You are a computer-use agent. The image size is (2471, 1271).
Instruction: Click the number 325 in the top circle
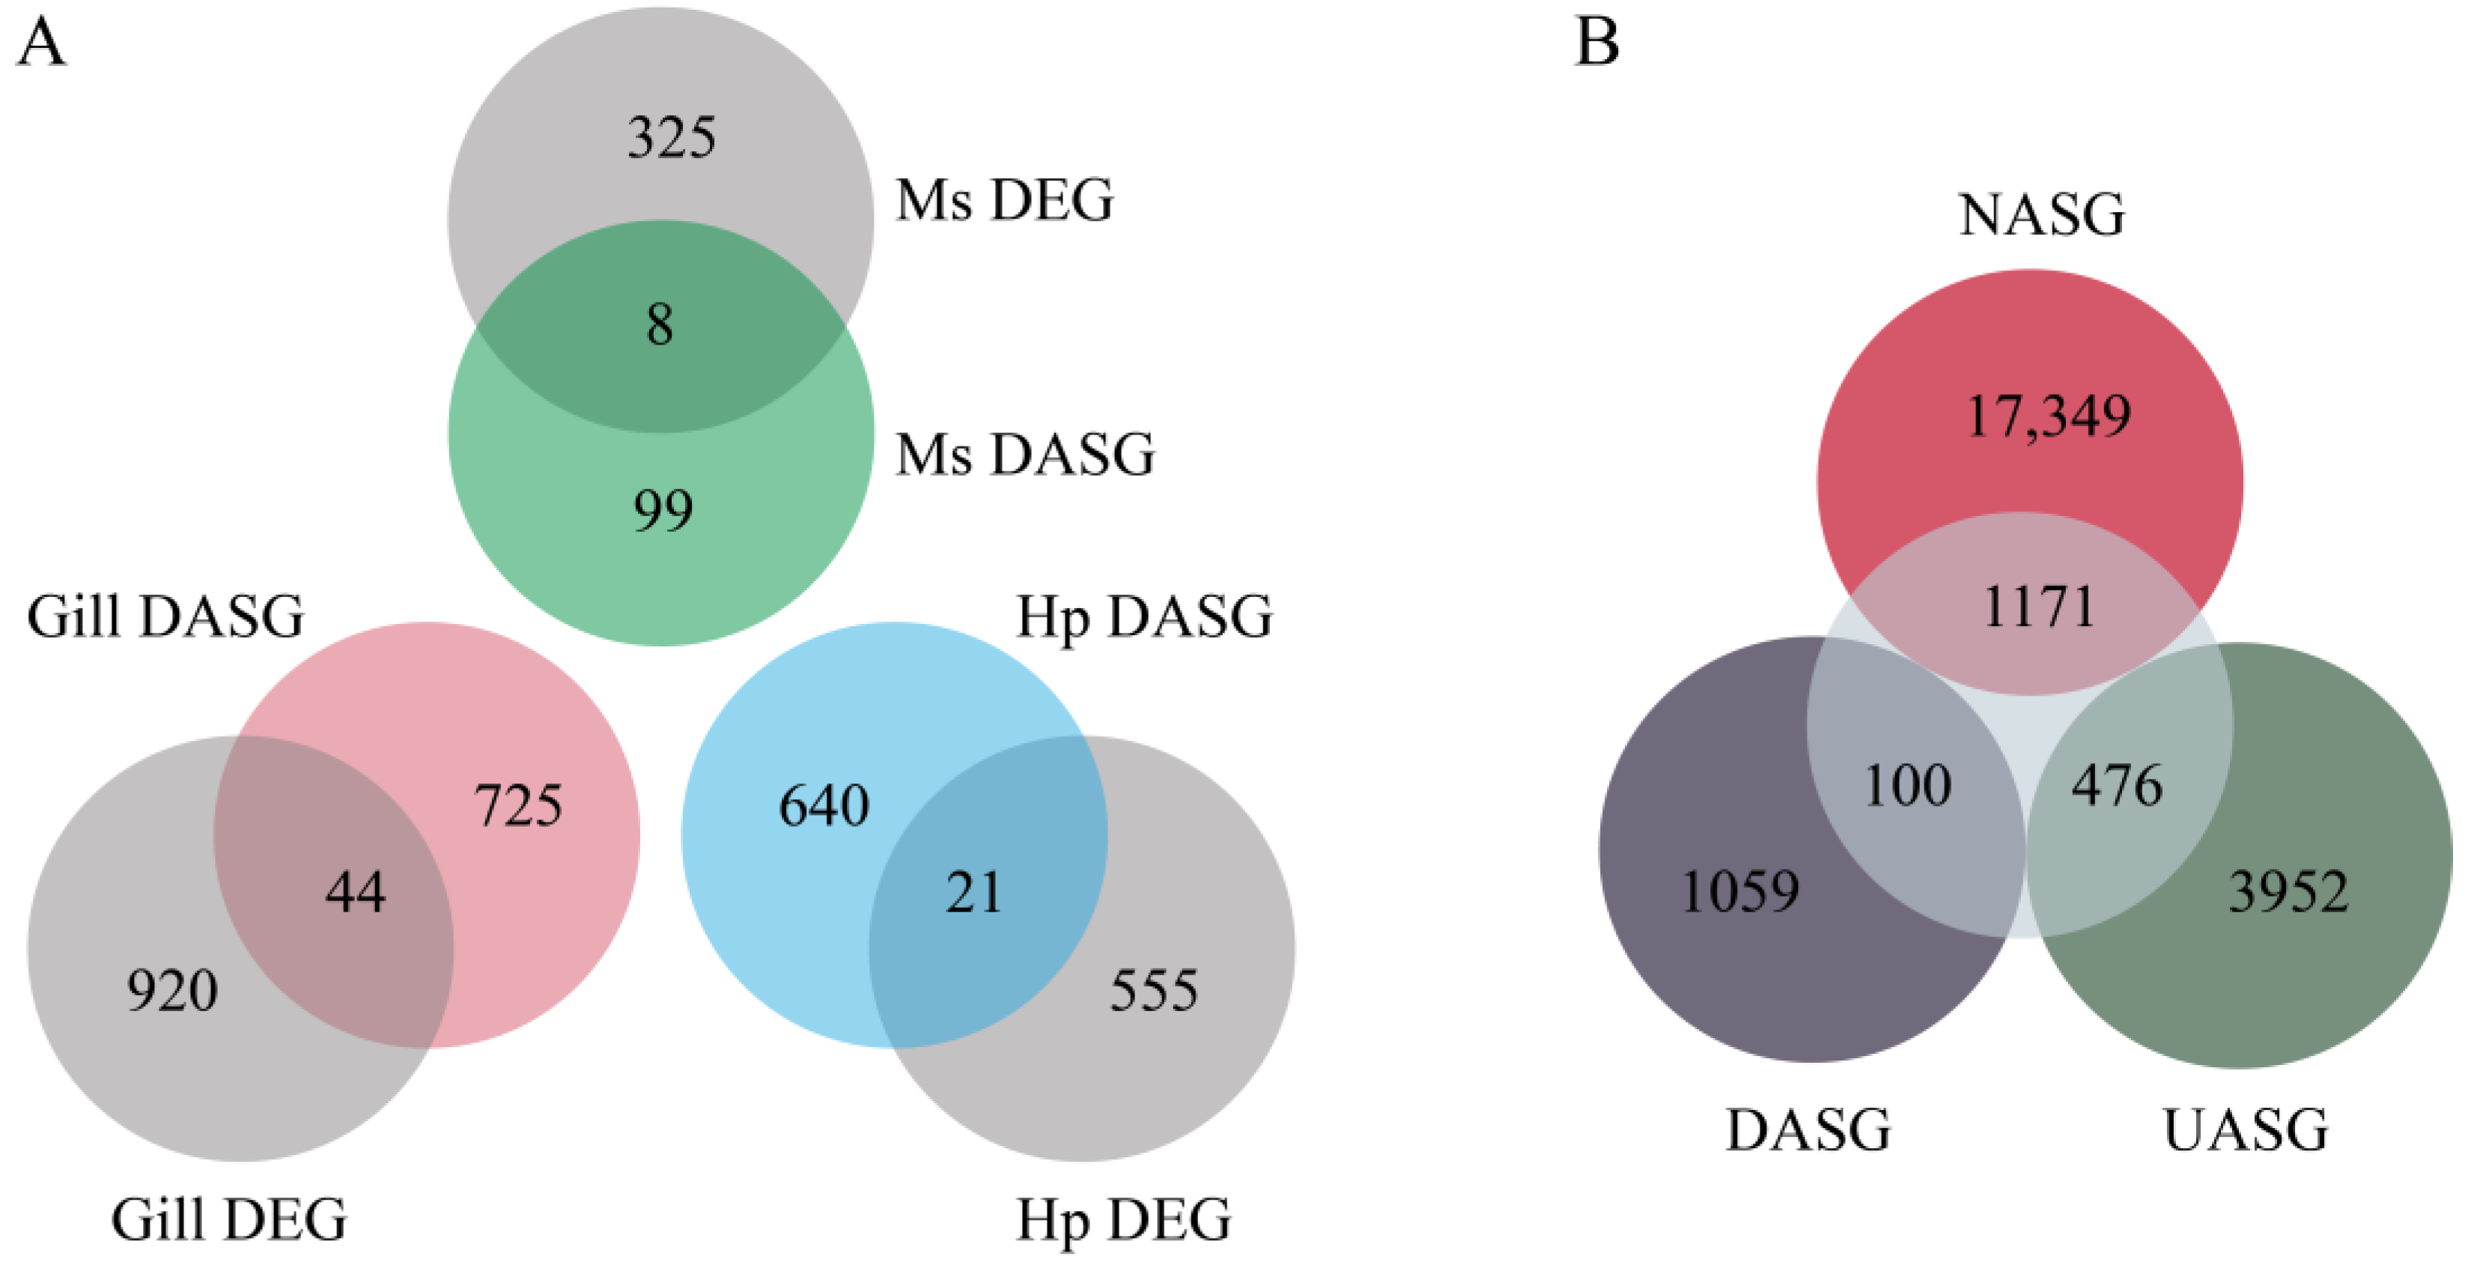click(672, 137)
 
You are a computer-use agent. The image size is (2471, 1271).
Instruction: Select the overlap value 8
click(659, 324)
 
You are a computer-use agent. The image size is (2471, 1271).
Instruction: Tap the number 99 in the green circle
click(663, 509)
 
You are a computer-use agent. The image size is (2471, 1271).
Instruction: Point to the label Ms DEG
click(1004, 201)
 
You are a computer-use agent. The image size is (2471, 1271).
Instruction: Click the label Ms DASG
click(1024, 454)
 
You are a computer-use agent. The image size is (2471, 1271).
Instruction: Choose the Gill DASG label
click(165, 616)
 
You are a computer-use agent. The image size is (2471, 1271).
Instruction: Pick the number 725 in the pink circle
click(518, 805)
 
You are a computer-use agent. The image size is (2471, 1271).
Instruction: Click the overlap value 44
click(355, 892)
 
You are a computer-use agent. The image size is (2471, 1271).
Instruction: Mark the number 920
click(173, 990)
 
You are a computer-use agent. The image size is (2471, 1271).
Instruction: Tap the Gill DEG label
click(228, 1220)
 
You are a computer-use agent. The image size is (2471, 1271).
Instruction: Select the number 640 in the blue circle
click(824, 805)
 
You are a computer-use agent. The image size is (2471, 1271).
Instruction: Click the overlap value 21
click(973, 892)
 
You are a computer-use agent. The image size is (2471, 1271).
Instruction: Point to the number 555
click(1154, 990)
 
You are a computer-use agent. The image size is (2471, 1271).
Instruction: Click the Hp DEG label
click(1123, 1220)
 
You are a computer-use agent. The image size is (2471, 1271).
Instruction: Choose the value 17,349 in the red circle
click(2048, 416)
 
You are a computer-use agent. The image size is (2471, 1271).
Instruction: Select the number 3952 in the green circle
click(2288, 891)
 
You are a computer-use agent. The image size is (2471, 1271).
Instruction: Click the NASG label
click(2041, 215)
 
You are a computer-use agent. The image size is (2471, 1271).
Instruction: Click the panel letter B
click(1597, 43)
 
